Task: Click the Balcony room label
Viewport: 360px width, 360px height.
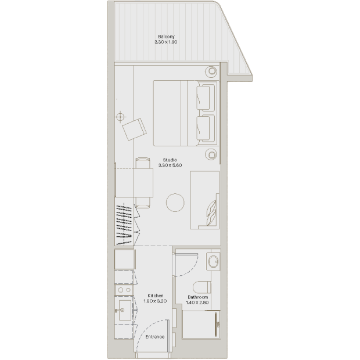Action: [166, 37]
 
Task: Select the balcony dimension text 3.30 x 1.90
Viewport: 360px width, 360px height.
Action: [165, 42]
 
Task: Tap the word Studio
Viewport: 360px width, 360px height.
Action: [170, 160]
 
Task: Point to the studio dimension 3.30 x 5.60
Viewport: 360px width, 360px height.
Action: [170, 165]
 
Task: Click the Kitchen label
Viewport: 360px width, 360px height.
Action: [156, 296]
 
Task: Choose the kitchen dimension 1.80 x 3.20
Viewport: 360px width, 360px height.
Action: [155, 301]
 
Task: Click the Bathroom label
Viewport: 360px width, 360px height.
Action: [197, 297]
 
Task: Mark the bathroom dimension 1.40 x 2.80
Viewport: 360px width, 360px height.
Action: [197, 303]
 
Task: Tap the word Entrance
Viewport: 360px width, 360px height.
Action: [155, 337]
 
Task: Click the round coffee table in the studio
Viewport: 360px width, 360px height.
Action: [175, 203]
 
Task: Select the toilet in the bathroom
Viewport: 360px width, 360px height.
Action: [202, 287]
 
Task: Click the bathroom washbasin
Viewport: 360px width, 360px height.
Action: [214, 261]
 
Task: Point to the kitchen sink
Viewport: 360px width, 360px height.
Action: [125, 310]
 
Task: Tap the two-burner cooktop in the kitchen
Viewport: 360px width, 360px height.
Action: [124, 290]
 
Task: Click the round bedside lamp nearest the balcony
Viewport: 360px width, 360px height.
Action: [211, 71]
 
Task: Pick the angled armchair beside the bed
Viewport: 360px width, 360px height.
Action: [134, 129]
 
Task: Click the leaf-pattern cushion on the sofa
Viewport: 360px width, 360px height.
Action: [212, 213]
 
